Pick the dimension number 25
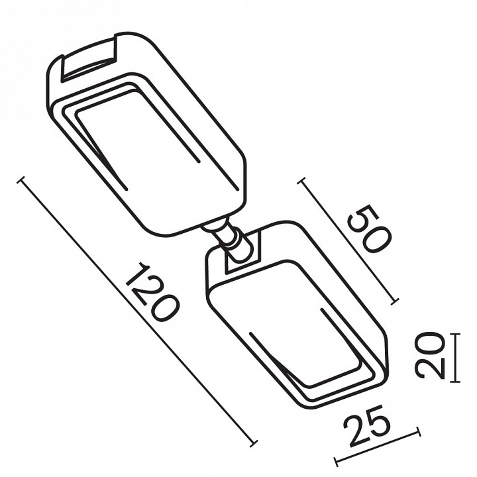point(367,425)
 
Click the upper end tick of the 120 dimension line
point(22,181)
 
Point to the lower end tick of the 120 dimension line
point(253,443)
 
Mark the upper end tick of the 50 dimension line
point(301,182)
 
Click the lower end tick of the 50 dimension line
point(395,301)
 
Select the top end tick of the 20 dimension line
point(455,334)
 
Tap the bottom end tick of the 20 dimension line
point(455,381)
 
